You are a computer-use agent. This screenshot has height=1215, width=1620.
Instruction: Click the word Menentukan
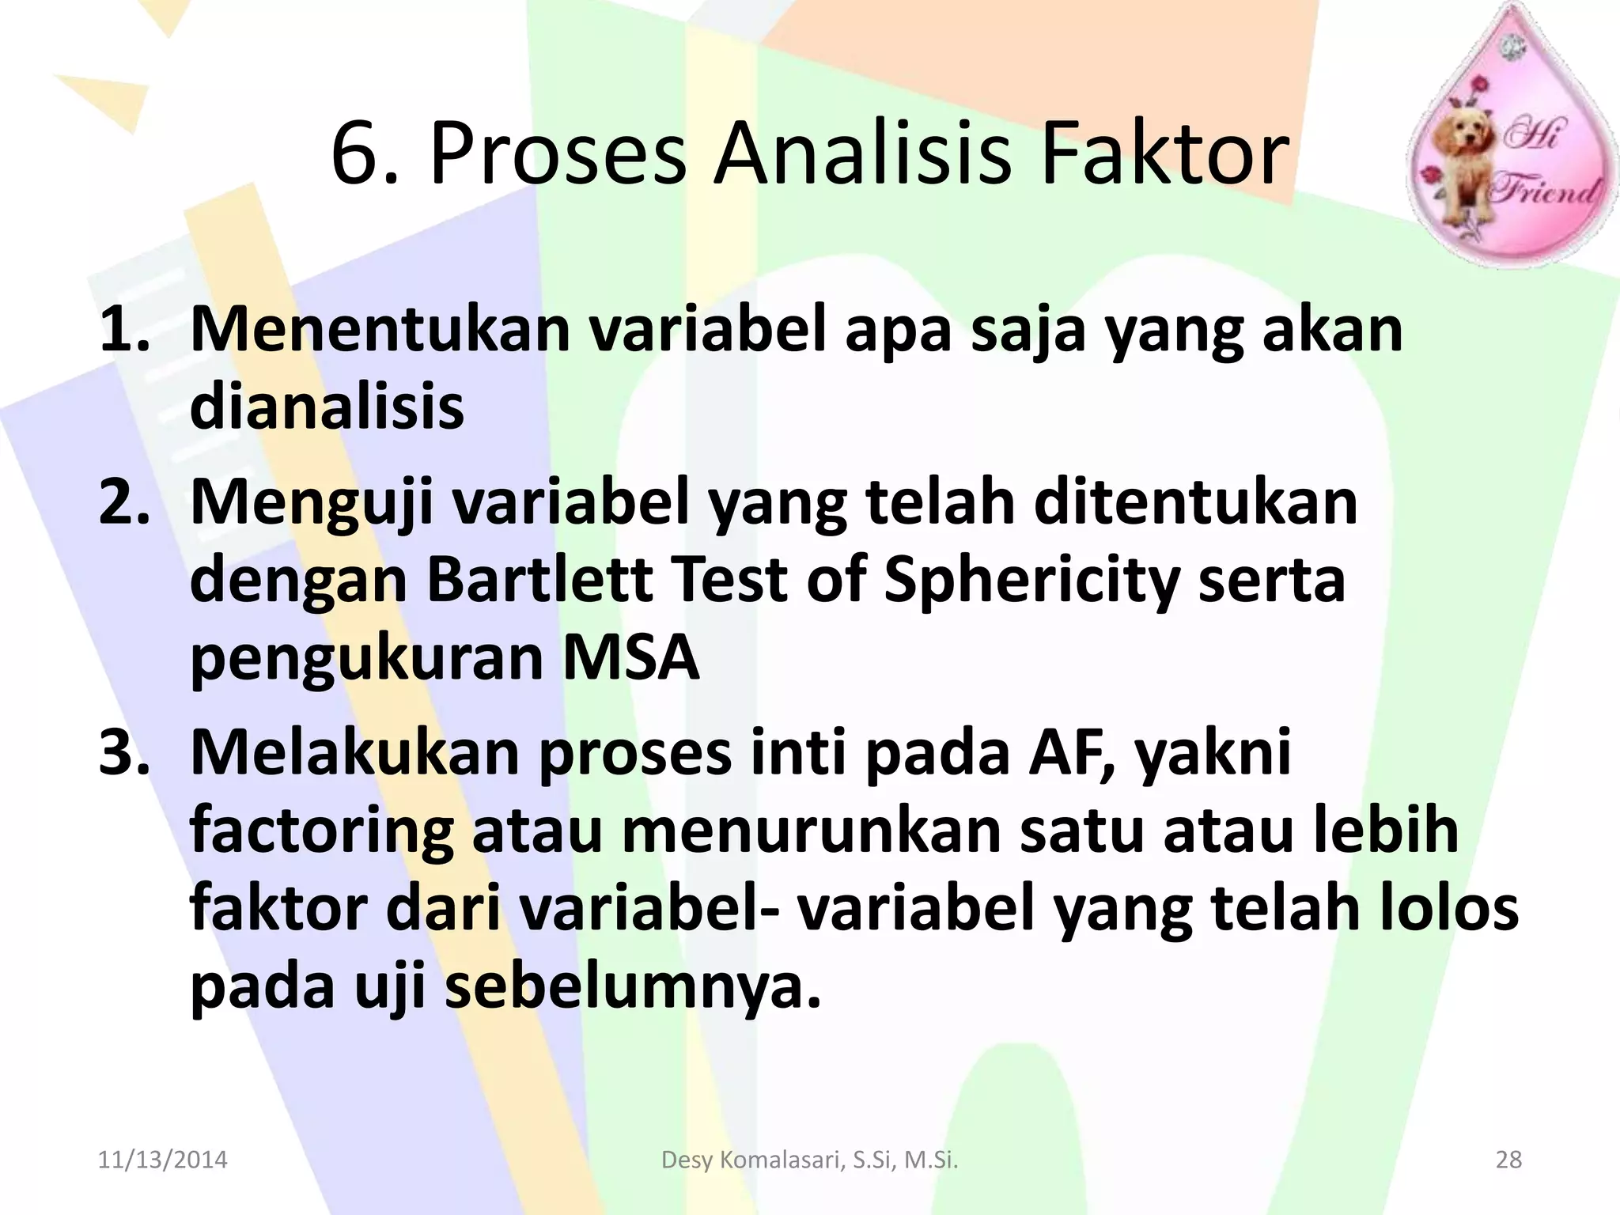tap(380, 330)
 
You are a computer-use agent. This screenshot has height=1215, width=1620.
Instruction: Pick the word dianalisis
tap(327, 407)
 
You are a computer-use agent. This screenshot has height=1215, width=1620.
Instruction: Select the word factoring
tap(321, 832)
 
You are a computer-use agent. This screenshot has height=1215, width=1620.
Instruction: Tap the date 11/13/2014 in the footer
tap(162, 1160)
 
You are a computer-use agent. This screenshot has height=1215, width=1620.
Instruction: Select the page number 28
tap(1508, 1160)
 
